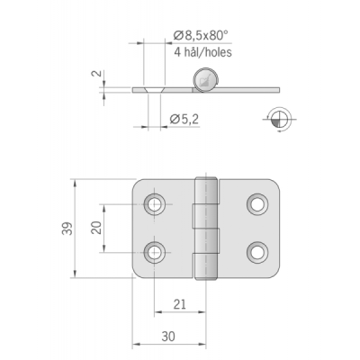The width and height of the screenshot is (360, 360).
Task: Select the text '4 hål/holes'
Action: [x=203, y=52]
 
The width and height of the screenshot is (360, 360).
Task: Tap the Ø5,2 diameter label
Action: [x=184, y=120]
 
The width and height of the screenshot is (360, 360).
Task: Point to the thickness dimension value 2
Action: [x=96, y=74]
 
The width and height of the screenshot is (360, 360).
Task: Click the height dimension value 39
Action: [x=67, y=229]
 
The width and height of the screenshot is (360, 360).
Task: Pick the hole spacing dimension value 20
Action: [x=96, y=228]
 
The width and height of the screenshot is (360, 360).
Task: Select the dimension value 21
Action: [x=180, y=304]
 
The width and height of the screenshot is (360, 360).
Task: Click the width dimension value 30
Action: [x=168, y=337]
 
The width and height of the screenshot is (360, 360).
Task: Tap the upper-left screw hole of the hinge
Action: [x=155, y=204]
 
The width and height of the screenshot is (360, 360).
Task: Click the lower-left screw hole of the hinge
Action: [x=155, y=252]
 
